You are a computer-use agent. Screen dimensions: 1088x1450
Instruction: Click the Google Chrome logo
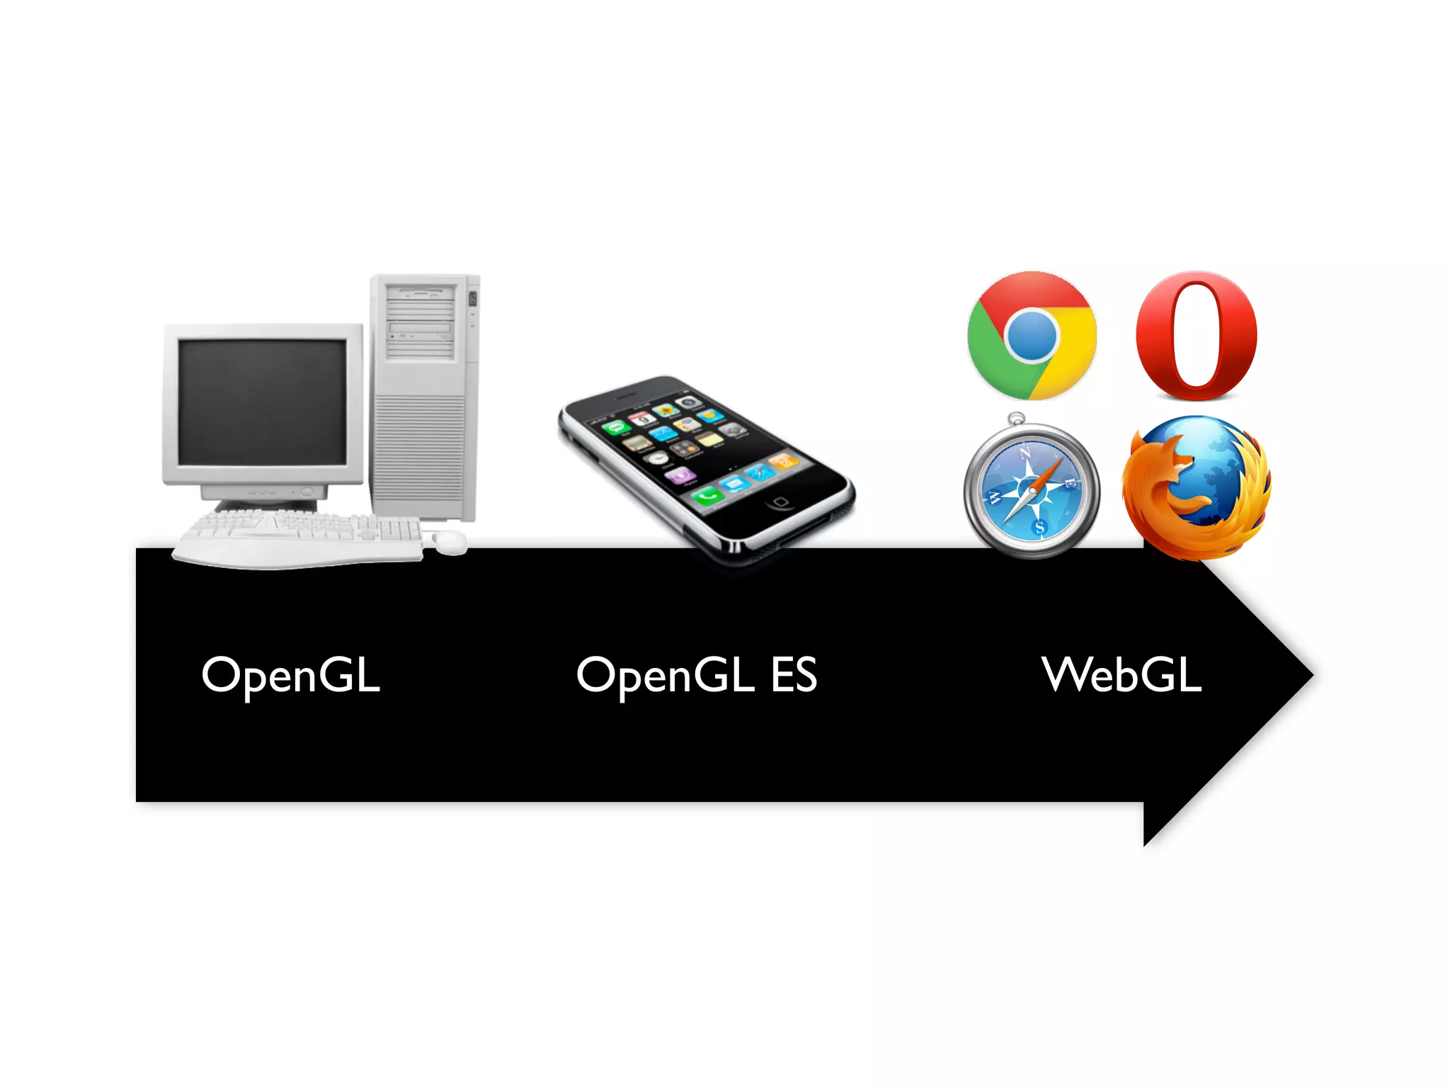pos(1032,335)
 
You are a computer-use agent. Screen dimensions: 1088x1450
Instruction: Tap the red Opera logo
pos(1197,335)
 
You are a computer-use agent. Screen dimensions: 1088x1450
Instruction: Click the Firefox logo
pos(1197,487)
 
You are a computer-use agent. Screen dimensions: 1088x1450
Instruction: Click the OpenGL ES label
pos(697,675)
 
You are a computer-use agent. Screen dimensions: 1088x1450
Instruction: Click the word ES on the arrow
pos(794,675)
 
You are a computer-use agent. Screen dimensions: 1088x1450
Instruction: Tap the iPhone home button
pos(780,501)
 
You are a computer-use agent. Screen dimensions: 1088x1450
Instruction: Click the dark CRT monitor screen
pos(262,401)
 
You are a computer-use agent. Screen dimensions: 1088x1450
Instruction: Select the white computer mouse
pos(450,542)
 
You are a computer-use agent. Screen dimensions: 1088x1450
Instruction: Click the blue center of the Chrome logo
pos(1032,336)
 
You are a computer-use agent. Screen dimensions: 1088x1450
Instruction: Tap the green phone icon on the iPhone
pos(707,497)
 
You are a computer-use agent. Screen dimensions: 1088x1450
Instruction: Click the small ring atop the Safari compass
pos(1017,419)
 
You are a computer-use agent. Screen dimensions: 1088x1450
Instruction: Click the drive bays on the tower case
pos(420,322)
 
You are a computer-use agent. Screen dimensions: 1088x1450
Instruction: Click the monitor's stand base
pos(266,504)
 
